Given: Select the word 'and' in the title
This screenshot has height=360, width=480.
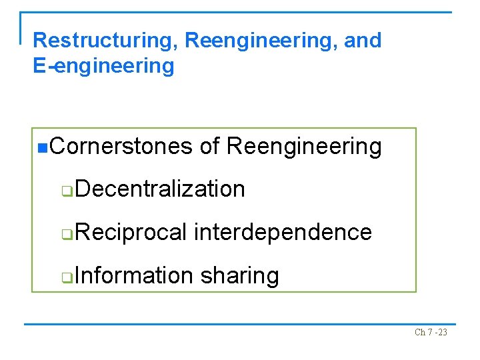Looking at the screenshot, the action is click(363, 41).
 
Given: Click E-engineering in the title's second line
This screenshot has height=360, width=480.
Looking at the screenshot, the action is click(103, 66).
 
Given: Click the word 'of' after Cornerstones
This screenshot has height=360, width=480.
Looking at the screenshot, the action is click(209, 146).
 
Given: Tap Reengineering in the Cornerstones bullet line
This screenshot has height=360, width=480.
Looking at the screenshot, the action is click(304, 146).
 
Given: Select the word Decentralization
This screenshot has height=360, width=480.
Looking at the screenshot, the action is click(160, 189).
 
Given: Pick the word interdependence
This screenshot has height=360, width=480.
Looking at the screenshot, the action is click(283, 232).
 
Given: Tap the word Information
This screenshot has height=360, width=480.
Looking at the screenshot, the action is click(133, 275).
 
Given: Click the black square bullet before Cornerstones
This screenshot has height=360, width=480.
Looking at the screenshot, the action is click(43, 147).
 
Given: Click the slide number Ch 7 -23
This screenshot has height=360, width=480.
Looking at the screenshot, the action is click(431, 332).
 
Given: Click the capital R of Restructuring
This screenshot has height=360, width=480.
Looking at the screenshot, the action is click(39, 41).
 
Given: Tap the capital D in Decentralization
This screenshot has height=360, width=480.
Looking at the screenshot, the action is click(80, 189).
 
